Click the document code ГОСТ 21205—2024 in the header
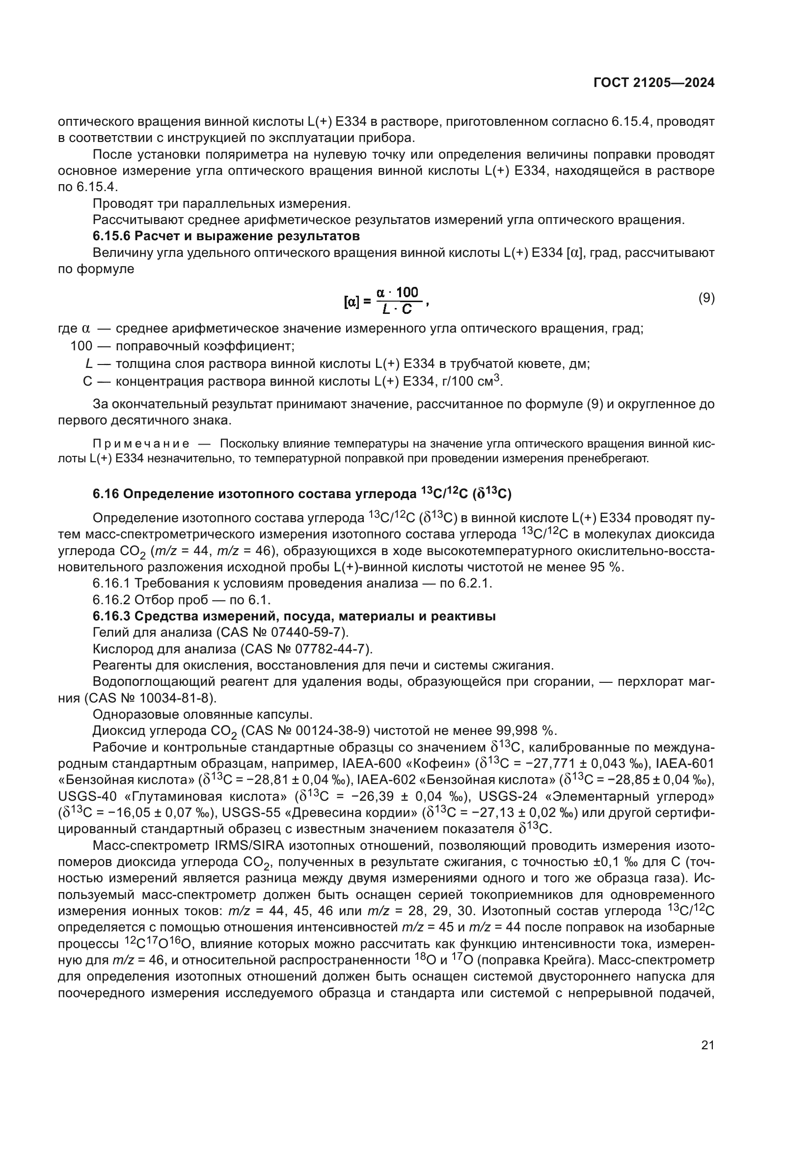coord(654,83)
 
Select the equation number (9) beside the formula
coord(706,298)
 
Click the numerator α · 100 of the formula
coord(398,292)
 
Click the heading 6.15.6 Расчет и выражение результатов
coord(226,236)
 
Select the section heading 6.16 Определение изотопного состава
coord(302,495)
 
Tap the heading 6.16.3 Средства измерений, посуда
coord(294,616)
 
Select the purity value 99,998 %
coord(525,731)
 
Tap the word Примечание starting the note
coord(140,444)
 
